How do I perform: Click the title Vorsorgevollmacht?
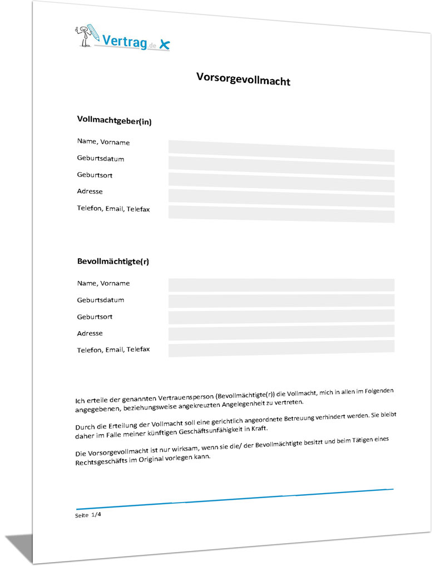click(243, 79)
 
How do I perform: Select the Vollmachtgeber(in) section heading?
click(114, 120)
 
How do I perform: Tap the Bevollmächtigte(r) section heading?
click(113, 260)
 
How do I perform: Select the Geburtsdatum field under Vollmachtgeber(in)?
click(281, 165)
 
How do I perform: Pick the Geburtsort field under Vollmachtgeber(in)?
click(281, 181)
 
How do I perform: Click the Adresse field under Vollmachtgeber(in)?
click(281, 198)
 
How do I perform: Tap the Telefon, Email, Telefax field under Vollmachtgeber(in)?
click(281, 214)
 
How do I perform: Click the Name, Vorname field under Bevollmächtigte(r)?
click(281, 285)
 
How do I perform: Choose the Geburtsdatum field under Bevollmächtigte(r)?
click(281, 301)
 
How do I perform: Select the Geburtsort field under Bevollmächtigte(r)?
click(281, 317)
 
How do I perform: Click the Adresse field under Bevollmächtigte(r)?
click(281, 333)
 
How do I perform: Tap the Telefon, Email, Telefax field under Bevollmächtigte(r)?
click(281, 348)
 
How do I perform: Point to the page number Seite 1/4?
click(88, 516)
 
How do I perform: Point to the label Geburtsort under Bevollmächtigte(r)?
click(95, 317)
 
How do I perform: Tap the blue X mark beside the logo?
click(163, 44)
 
